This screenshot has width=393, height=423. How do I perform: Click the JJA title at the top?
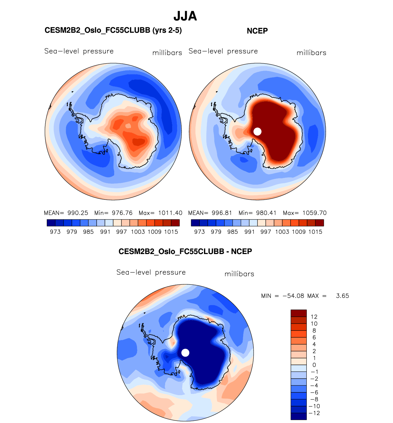(185, 16)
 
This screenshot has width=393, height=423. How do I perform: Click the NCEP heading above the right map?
(257, 31)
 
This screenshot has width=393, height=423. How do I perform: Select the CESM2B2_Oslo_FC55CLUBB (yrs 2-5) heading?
(113, 30)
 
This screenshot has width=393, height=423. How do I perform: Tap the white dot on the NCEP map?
(258, 131)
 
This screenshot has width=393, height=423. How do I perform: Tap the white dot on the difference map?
(185, 353)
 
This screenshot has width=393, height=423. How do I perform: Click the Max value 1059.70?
(315, 213)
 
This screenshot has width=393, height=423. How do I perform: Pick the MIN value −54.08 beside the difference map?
(293, 296)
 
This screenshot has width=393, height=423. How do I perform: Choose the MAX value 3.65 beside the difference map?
(342, 296)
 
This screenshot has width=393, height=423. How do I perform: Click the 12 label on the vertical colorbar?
(314, 317)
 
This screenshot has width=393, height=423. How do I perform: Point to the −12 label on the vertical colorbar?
(315, 413)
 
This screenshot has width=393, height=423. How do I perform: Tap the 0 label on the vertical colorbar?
(314, 365)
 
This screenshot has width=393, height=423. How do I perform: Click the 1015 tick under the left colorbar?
(171, 232)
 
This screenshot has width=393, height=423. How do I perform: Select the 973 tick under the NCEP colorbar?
(199, 232)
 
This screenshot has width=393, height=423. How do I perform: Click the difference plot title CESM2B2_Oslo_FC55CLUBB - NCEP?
(185, 252)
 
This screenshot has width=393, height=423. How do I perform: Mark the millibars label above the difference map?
(239, 274)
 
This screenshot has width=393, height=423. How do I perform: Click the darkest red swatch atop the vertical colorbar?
(298, 313)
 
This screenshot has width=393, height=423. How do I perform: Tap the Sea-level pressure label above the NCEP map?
(223, 51)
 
